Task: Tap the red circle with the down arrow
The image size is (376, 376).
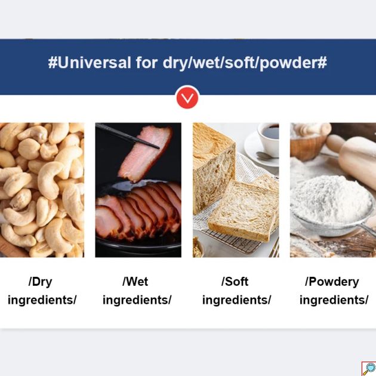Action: [187, 98]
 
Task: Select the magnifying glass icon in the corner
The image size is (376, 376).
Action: [369, 369]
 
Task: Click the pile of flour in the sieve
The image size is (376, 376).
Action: [331, 199]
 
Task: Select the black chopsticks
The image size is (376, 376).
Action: [127, 135]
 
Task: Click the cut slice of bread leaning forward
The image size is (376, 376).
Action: [243, 211]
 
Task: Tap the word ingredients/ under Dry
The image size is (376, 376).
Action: [42, 300]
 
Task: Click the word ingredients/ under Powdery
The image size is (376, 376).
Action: [334, 300]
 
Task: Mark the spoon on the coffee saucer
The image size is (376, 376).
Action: [267, 156]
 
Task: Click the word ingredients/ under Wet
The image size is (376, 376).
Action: [137, 300]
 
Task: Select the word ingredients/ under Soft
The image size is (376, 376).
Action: [236, 300]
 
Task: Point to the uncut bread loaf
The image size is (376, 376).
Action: [214, 168]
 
